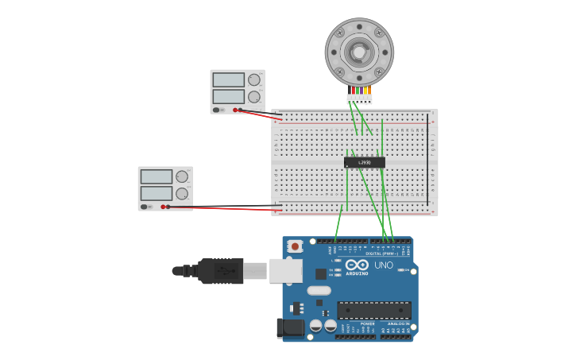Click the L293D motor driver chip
364,162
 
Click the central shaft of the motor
359,52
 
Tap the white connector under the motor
359,99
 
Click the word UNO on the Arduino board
384,265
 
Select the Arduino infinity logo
357,265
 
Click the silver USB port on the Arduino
285,270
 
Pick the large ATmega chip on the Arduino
373,310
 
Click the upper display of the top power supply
228,80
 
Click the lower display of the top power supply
228,97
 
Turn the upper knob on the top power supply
254,79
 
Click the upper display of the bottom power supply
156,176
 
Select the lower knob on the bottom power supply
182,193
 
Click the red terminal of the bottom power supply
163,207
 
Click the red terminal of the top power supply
235,110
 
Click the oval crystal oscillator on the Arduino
319,291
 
